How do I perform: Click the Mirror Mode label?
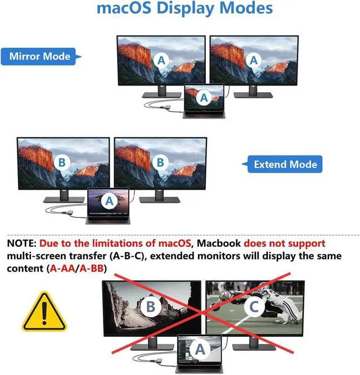[x=40, y=56]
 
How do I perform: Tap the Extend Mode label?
[x=285, y=165]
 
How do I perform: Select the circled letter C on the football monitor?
[x=254, y=307]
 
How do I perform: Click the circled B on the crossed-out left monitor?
[x=150, y=307]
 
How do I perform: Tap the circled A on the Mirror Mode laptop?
[x=204, y=97]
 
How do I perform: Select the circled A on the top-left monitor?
[x=162, y=60]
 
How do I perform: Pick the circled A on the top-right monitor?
[x=254, y=60]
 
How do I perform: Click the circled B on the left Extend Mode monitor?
[x=62, y=163]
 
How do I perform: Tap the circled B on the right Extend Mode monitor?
[x=160, y=163]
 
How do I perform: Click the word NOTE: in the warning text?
[x=21, y=243]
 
